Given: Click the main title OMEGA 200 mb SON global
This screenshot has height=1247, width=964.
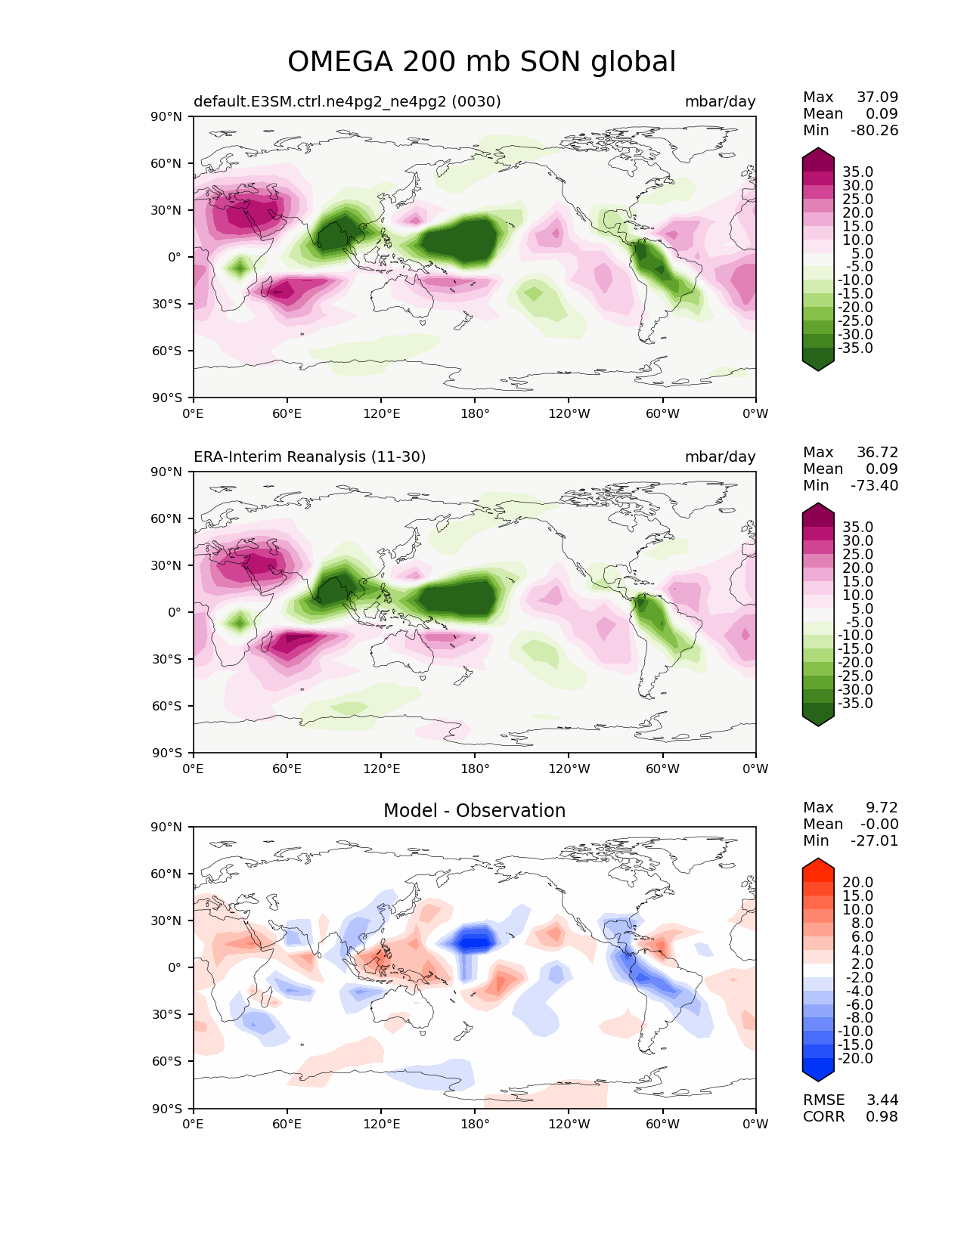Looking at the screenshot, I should click(482, 62).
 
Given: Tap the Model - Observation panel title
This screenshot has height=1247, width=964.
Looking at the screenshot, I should click(474, 811).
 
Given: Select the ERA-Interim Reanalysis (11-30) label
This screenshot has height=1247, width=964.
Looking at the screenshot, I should click(310, 457).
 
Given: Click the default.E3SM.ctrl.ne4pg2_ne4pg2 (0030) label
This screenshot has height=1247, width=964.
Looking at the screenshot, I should click(347, 102).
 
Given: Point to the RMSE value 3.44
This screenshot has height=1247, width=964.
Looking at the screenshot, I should click(882, 1100).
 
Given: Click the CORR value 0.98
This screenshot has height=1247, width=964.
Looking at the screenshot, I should click(882, 1117).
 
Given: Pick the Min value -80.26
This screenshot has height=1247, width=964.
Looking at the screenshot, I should click(874, 131).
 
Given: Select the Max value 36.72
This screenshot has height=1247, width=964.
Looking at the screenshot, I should click(877, 453).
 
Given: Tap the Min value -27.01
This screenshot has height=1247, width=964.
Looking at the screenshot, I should click(874, 841).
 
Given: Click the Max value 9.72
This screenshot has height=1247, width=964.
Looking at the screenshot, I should click(882, 808).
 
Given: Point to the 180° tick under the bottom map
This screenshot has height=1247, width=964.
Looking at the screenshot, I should click(475, 1125).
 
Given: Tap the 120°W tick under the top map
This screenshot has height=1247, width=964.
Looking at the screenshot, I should click(569, 414).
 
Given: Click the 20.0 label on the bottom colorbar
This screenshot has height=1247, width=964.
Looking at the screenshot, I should click(857, 883).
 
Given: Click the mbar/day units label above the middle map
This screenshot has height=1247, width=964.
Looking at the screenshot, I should click(720, 457).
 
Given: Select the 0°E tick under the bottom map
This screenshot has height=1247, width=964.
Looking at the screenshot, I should click(194, 1125).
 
